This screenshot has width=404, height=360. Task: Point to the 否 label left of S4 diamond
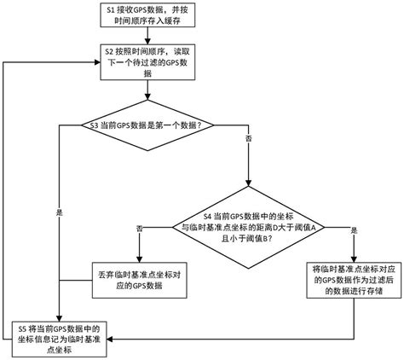tap(140, 229)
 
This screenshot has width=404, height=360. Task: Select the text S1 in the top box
tap(108, 10)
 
